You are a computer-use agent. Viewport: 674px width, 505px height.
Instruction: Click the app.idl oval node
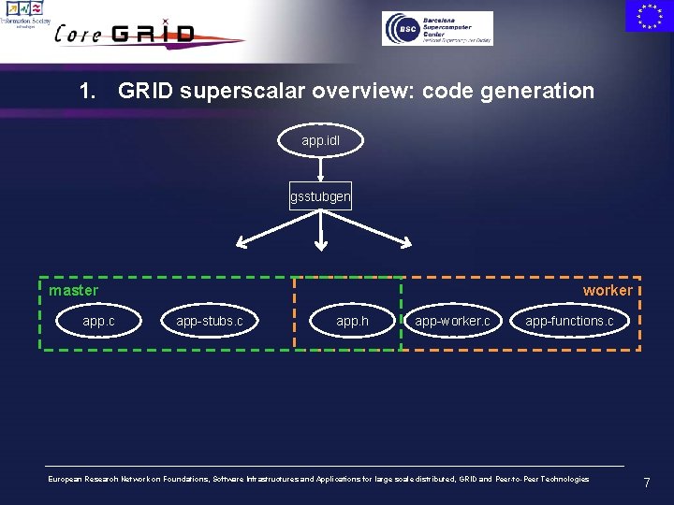tap(320, 140)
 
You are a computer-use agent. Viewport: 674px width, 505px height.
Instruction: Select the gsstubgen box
tap(320, 196)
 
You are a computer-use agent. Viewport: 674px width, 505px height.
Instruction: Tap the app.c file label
tap(98, 322)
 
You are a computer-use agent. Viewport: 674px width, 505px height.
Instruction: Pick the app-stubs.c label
tap(209, 322)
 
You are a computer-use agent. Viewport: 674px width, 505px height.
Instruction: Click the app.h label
tap(352, 322)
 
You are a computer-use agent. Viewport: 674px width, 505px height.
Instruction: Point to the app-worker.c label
tap(452, 322)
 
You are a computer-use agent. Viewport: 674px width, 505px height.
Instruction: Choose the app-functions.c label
tap(569, 322)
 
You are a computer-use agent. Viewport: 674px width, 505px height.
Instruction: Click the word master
tap(73, 291)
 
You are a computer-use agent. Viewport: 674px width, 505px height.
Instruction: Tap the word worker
tap(607, 291)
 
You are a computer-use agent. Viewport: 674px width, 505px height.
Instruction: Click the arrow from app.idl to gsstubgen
tap(320, 168)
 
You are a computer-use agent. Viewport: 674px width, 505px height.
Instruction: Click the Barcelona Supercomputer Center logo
tap(437, 28)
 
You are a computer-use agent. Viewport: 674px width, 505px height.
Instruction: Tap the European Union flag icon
tap(649, 17)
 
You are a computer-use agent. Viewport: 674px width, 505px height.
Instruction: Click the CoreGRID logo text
tap(126, 34)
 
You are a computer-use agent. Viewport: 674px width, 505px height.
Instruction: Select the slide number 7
tap(646, 483)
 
